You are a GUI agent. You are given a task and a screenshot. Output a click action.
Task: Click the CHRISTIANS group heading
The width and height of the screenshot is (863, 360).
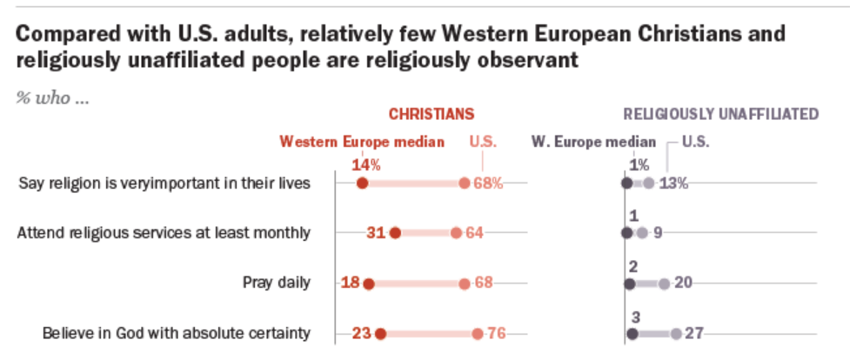coord(431,114)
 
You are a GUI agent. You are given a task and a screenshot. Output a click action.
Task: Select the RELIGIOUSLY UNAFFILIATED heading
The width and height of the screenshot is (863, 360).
coord(721,114)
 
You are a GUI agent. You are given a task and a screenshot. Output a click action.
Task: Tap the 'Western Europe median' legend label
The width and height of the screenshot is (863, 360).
coord(362,142)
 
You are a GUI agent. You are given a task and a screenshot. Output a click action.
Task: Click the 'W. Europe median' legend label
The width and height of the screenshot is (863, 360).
coord(593,142)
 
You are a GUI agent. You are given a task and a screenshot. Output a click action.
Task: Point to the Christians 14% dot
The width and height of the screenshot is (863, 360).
coord(363,183)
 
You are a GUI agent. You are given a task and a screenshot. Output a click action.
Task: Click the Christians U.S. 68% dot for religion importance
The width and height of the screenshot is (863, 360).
coord(465,183)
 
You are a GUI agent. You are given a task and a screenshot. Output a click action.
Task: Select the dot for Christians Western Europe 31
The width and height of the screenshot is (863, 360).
coord(395,232)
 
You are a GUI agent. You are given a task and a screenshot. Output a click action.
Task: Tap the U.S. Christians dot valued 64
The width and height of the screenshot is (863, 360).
coord(456,232)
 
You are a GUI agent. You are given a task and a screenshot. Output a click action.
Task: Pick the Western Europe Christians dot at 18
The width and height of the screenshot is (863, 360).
coord(368,283)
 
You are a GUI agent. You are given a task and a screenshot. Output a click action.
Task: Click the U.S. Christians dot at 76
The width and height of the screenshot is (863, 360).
coord(478,332)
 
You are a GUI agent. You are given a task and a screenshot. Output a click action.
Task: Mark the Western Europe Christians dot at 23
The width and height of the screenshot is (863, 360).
coord(380,332)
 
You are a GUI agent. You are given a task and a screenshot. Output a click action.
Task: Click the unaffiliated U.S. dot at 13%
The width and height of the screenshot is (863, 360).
coord(649,183)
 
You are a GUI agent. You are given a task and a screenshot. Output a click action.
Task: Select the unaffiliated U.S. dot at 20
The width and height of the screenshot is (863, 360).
coord(664,283)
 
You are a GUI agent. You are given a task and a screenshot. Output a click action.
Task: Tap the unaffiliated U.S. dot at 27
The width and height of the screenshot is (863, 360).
coord(676,332)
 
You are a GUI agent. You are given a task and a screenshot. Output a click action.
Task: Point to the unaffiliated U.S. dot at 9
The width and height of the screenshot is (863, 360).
coord(642,232)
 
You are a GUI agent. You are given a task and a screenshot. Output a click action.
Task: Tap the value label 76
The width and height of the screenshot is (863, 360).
coord(497,332)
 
